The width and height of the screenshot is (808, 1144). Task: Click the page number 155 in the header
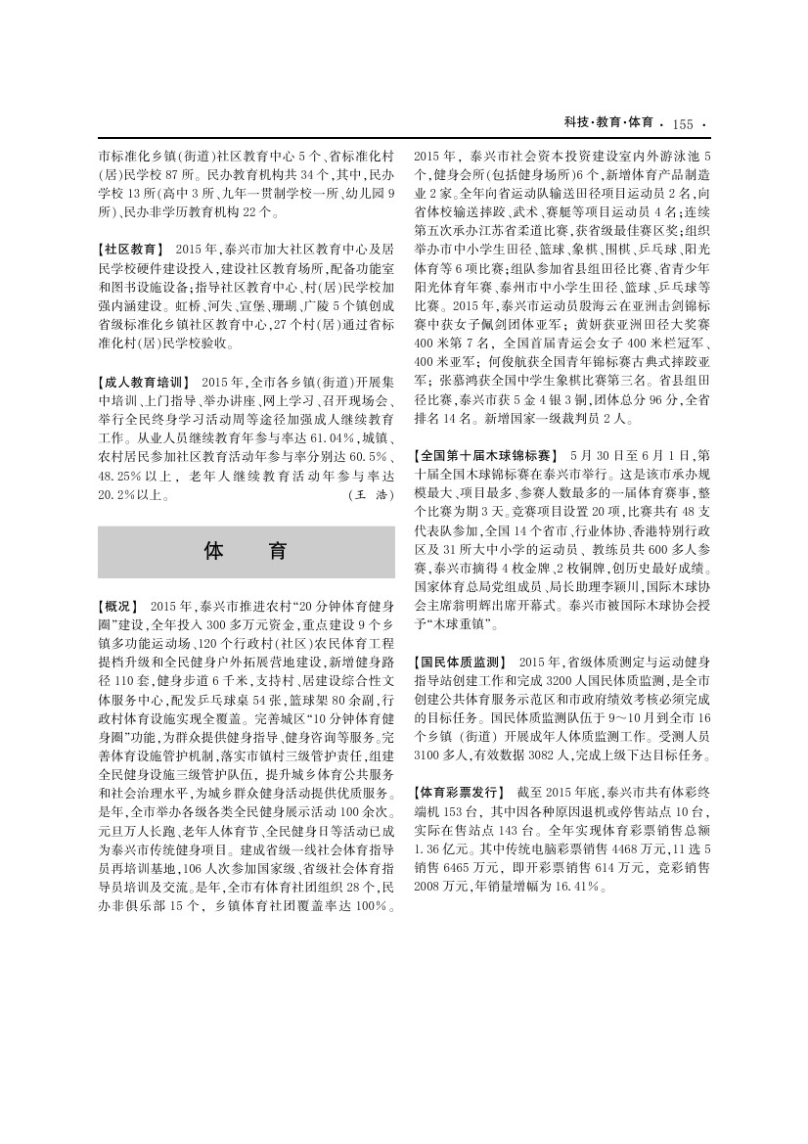[683, 124]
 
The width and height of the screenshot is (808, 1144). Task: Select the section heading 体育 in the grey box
[246, 551]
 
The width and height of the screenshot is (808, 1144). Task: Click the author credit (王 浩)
[371, 495]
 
